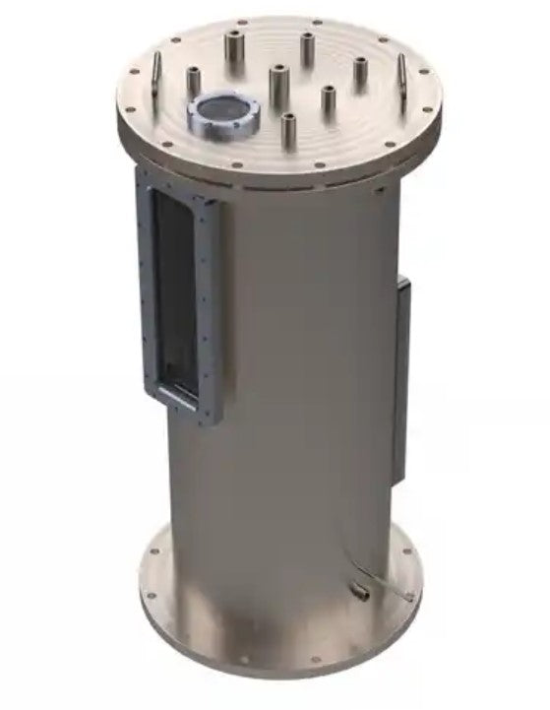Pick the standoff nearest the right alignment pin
tap(362, 71)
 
